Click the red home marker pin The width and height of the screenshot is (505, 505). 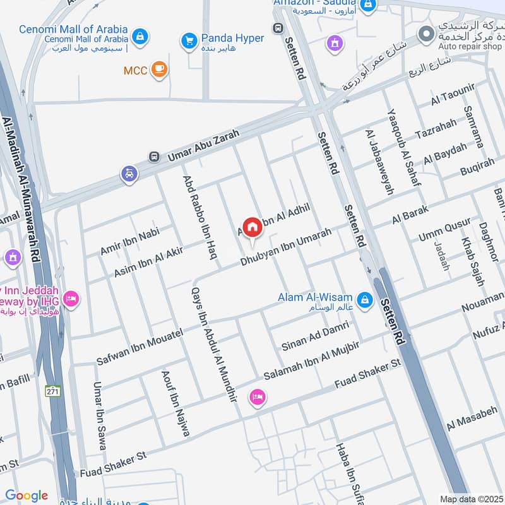[x=252, y=227]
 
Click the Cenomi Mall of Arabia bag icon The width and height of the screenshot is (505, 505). [x=141, y=37]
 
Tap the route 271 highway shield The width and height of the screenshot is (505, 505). [x=52, y=391]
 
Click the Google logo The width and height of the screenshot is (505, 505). [x=27, y=496]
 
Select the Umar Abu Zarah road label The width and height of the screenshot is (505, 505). [x=198, y=145]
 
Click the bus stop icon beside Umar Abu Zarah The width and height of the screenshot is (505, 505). [x=153, y=157]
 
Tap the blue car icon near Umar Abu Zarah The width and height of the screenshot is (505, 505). [x=129, y=174]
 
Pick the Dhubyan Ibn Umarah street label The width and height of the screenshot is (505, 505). [x=286, y=247]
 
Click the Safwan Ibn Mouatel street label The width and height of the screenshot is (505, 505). [x=140, y=347]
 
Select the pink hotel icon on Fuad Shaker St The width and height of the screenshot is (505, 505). [x=258, y=396]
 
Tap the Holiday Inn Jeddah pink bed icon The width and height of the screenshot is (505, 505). [x=71, y=298]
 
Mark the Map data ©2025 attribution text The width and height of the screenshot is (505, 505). [x=470, y=499]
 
